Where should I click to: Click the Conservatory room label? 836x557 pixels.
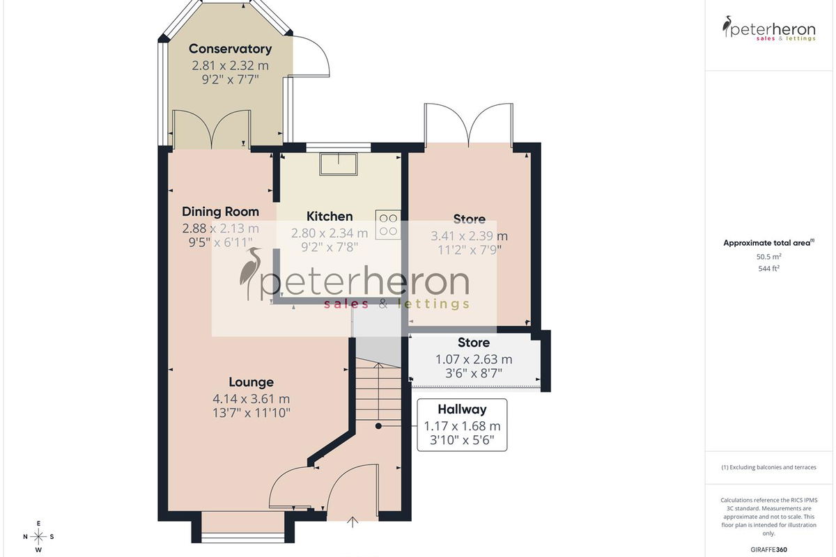[x=230, y=49]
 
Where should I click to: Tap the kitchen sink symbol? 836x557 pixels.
[x=339, y=164]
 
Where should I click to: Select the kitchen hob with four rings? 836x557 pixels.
[x=388, y=225]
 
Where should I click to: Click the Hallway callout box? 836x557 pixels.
[x=462, y=425]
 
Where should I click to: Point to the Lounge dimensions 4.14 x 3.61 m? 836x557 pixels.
[x=251, y=399]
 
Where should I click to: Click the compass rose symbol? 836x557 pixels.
[x=38, y=537]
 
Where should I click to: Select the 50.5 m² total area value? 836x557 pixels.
[x=769, y=257]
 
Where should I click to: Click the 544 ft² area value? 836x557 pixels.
[x=769, y=268]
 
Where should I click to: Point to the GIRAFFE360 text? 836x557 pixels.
[x=769, y=549]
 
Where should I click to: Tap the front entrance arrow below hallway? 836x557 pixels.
[x=353, y=522]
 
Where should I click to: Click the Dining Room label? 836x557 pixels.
[x=220, y=212]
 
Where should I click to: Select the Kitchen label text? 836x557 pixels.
[x=330, y=217]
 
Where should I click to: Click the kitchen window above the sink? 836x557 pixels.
[x=339, y=148]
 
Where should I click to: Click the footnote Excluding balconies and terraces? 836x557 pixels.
[x=769, y=467]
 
